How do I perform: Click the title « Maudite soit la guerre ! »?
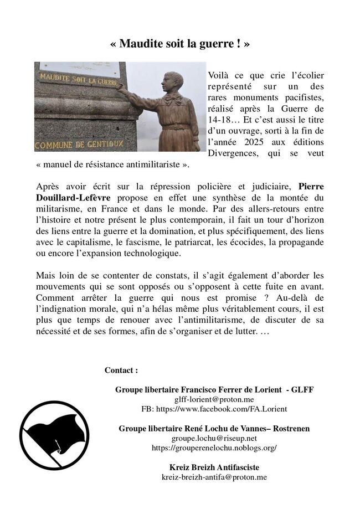(180, 44)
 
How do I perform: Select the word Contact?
(120, 370)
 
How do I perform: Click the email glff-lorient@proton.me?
(214, 399)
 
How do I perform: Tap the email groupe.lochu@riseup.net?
(214, 438)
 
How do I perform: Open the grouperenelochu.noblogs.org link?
(214, 448)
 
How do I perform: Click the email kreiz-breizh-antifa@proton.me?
(214, 477)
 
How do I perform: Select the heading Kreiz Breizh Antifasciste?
(214, 467)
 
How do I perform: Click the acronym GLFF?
(304, 389)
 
